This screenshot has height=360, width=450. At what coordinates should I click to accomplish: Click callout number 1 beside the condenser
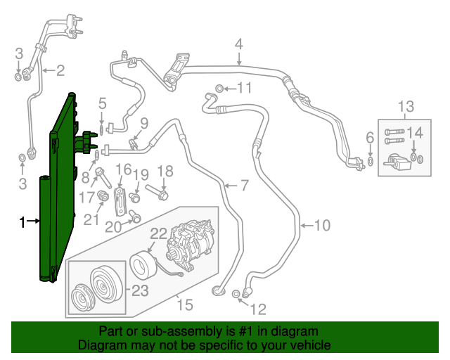coord(22,222)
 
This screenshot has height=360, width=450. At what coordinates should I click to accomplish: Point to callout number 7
coord(244,186)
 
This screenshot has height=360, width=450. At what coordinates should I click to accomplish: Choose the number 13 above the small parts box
coord(406,107)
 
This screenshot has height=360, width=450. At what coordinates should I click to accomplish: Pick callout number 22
coord(158,233)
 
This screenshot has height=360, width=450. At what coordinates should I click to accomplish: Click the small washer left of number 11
coord(220,89)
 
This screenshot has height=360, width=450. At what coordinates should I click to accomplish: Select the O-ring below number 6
coord(370,163)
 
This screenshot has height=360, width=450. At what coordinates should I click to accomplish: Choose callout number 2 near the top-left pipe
coord(60,70)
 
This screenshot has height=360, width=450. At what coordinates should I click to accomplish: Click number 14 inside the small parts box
coord(416,131)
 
